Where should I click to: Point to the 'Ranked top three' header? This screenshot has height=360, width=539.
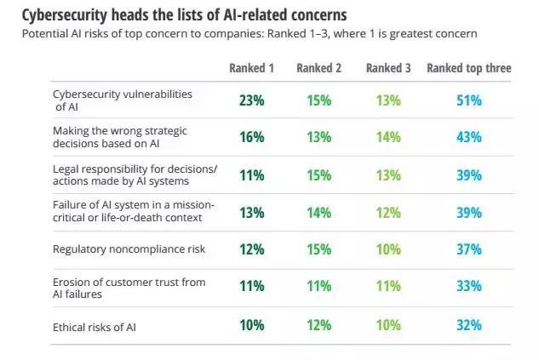[x=468, y=68]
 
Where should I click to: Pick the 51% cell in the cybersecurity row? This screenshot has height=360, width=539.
[x=469, y=100]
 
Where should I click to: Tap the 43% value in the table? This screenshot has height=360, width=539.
[x=469, y=136]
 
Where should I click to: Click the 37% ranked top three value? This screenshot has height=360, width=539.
[x=469, y=249]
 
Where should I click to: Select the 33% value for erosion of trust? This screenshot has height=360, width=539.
[x=469, y=287]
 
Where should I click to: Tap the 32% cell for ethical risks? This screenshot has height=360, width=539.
[x=469, y=324]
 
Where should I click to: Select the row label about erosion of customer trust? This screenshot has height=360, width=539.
[x=128, y=287]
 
